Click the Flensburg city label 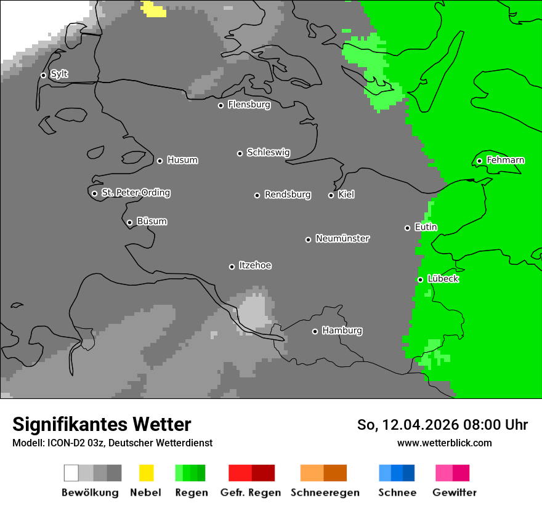click(249, 105)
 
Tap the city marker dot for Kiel click(331, 195)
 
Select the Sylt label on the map click(59, 74)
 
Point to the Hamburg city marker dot click(315, 331)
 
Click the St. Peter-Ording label click(135, 193)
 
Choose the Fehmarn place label click(505, 160)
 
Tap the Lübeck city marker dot click(420, 280)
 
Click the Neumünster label click(342, 238)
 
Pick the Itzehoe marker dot click(232, 267)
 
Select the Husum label click(182, 160)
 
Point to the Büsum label click(152, 222)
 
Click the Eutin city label click(426, 227)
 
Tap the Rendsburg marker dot click(257, 195)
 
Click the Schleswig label click(268, 153)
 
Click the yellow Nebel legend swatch click(146, 473)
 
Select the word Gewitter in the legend click(454, 493)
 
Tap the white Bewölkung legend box click(71, 473)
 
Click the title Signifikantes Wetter click(102, 424)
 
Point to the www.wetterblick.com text click(444, 443)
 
